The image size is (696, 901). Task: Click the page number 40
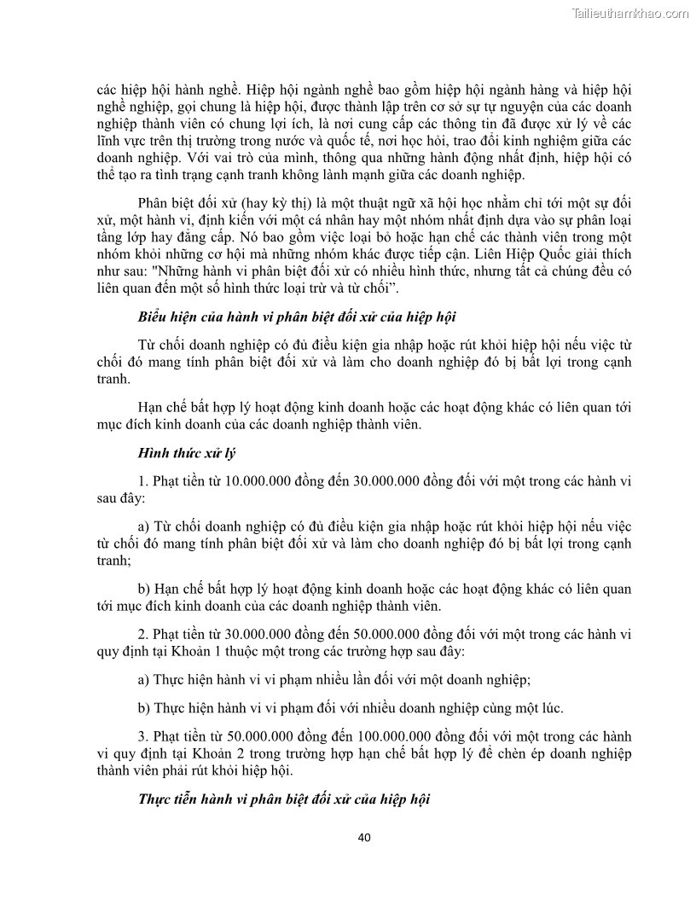[364, 837]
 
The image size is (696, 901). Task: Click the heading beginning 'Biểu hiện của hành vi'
[297, 317]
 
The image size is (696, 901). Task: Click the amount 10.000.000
[256, 480]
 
